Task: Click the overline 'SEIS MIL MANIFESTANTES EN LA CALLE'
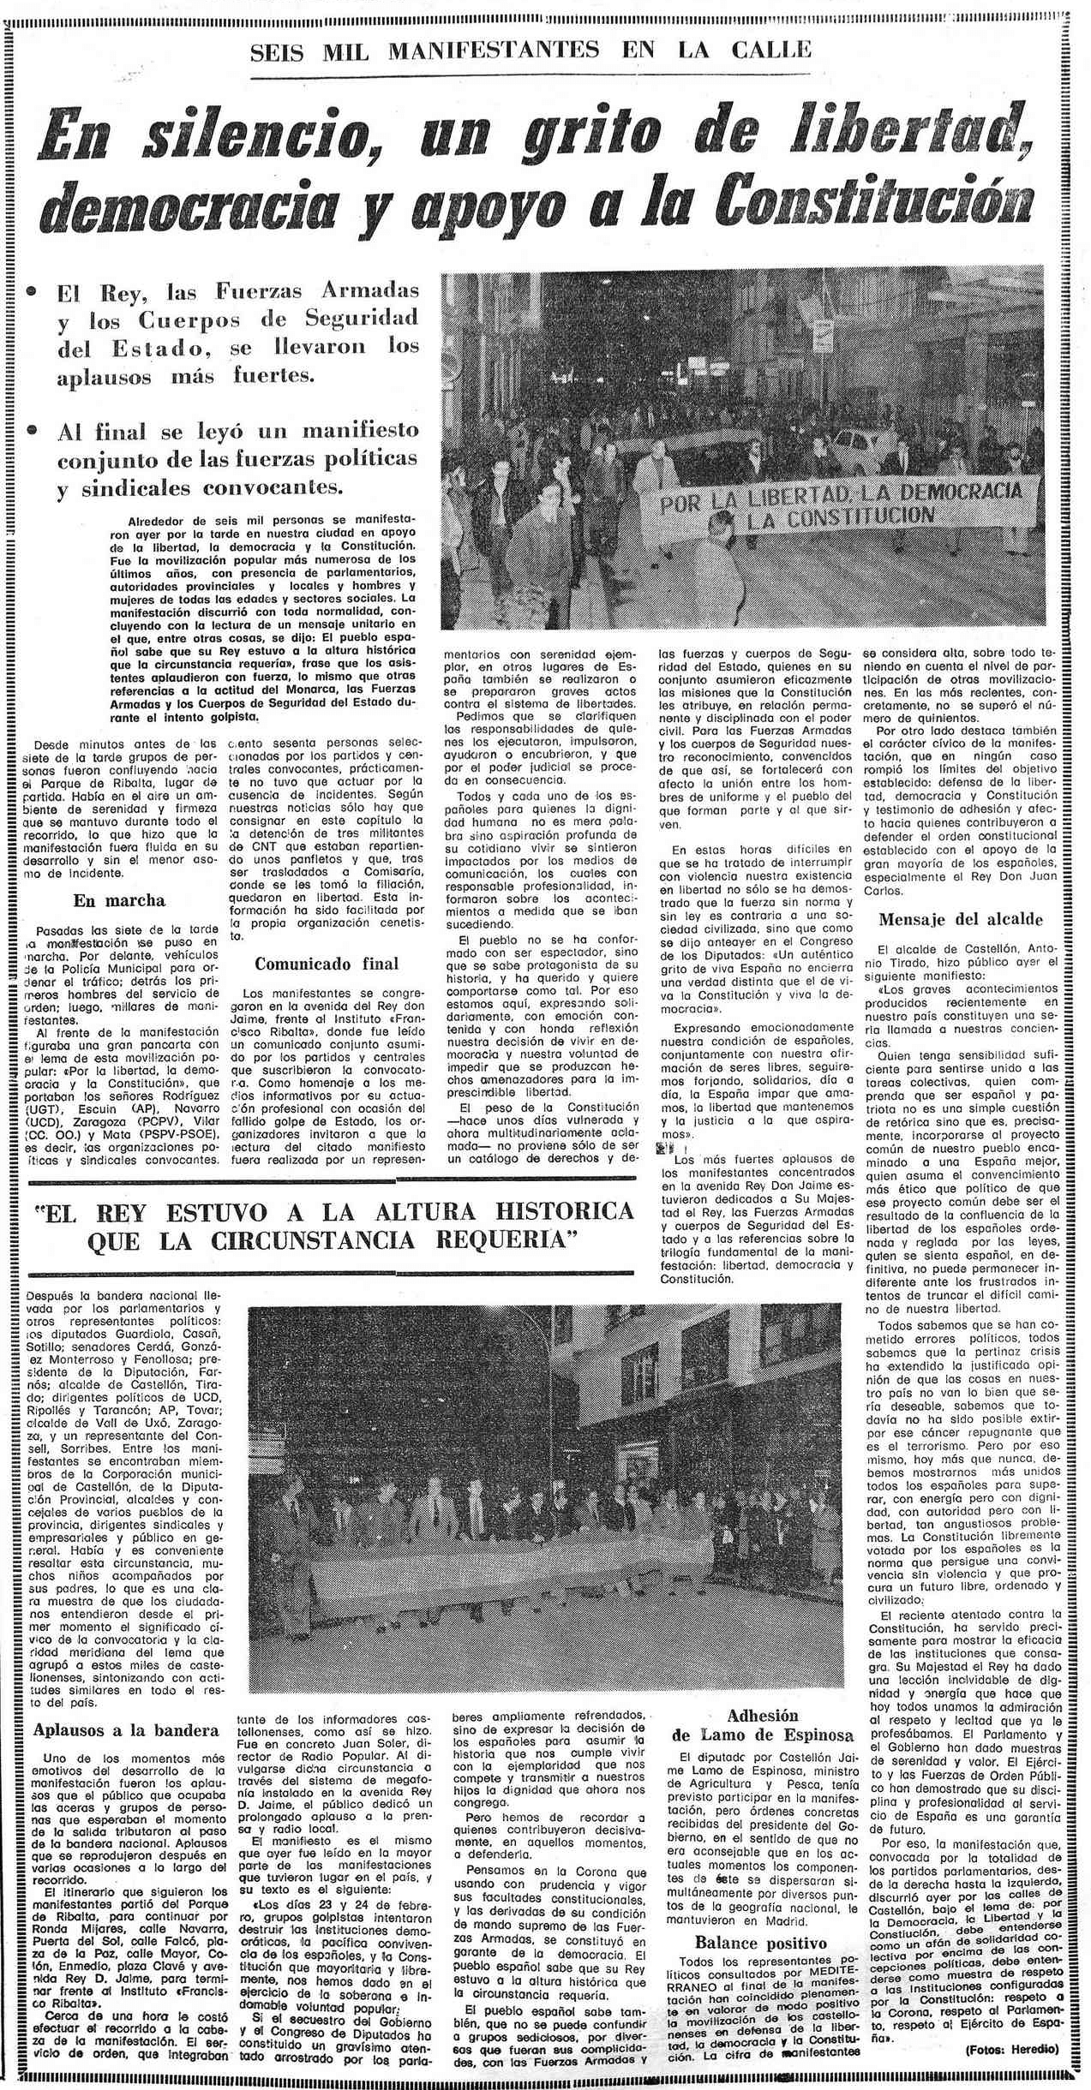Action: (x=530, y=51)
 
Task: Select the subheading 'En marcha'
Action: (x=119, y=900)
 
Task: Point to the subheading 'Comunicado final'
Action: (x=327, y=964)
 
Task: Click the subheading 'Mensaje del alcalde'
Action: (x=961, y=919)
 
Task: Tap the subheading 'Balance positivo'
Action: (x=760, y=1912)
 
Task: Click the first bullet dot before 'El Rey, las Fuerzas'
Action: (x=32, y=292)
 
